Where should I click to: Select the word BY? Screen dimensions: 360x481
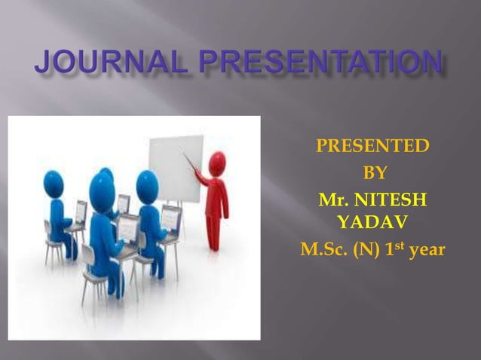tap(375, 173)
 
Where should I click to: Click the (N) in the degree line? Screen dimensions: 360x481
tap(368, 250)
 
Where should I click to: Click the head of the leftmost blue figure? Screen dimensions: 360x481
tap(54, 182)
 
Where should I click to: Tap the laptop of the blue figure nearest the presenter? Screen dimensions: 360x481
tap(171, 217)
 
